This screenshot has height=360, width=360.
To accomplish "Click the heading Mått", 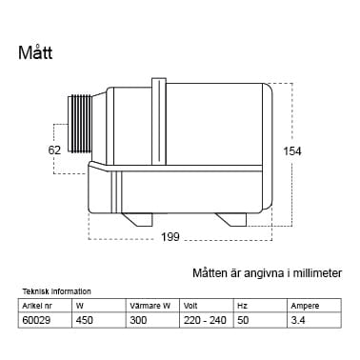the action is point(35,52).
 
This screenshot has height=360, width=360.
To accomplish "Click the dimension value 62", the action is point(54,150).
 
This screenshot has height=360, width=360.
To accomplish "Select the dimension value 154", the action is point(292,151).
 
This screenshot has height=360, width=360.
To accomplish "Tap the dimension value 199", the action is point(170,237).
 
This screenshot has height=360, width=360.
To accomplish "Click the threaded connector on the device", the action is point(80,124).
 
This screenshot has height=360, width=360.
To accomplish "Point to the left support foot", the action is point(137,219).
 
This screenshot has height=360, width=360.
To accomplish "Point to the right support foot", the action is point(231,219).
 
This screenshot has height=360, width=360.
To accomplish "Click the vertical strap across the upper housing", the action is point(159,122).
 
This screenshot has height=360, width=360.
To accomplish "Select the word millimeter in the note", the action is point(317,273).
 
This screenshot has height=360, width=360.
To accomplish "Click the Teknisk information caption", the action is point(57,291).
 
